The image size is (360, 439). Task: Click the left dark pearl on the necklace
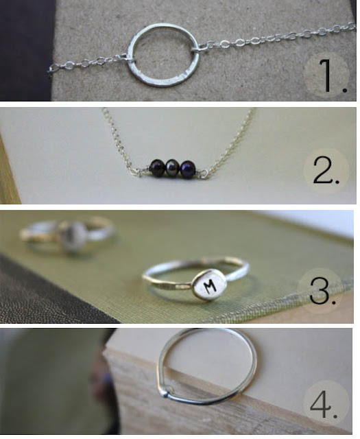pos(157,167)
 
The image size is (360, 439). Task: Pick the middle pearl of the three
pos(172,167)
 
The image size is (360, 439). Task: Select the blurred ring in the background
pos(67,235)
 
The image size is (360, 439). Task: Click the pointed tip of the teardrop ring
pos(165,395)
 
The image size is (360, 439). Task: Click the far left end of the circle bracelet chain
pos(49,71)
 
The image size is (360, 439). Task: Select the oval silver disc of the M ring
pos(208,286)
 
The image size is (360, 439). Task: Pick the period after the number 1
pos(344,90)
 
